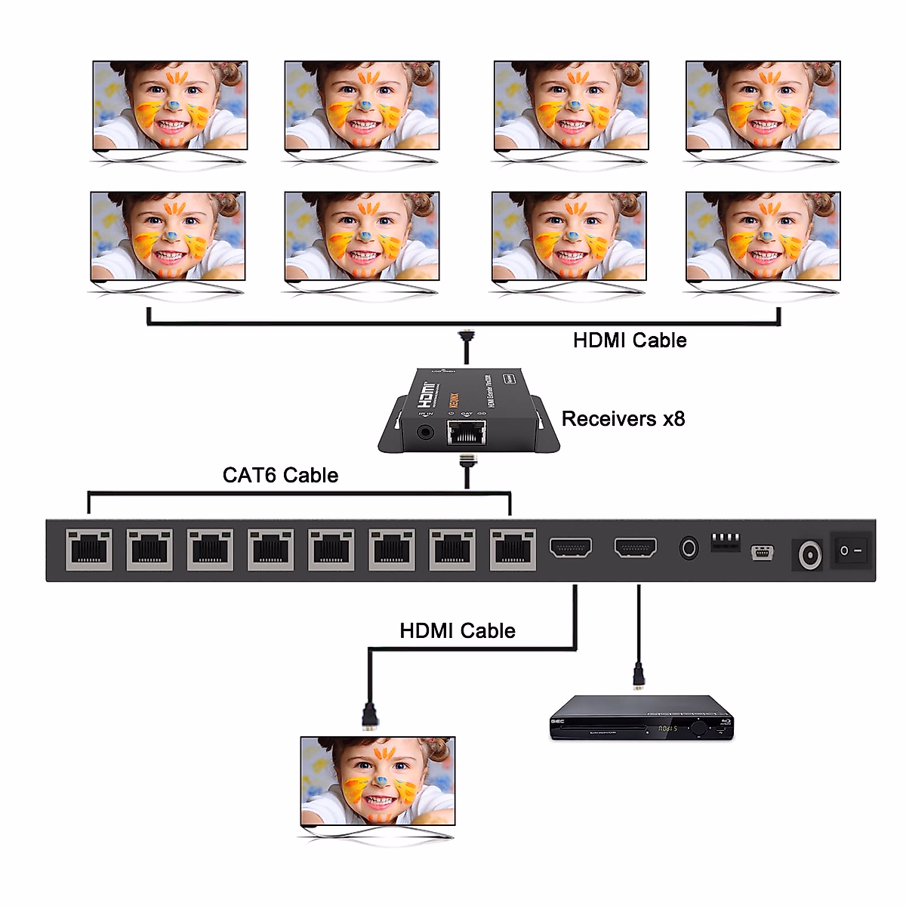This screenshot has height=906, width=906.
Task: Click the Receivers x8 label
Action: click(623, 419)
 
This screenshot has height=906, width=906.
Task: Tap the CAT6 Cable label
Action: click(280, 475)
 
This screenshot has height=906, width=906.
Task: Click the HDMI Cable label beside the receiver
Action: click(630, 341)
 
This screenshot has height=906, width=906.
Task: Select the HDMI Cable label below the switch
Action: click(458, 631)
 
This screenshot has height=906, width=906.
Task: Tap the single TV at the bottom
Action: click(377, 781)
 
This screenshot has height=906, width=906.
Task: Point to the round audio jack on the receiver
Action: click(426, 433)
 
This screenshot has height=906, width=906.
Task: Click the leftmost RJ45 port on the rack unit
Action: click(89, 549)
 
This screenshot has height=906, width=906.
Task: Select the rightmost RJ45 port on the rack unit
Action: click(513, 549)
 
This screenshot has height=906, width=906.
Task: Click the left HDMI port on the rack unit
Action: click(571, 547)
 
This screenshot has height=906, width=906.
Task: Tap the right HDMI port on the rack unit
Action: click(636, 547)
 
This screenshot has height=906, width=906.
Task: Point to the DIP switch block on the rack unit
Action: click(726, 541)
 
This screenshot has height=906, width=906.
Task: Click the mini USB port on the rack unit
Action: click(762, 553)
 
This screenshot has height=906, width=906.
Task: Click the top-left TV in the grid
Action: click(170, 106)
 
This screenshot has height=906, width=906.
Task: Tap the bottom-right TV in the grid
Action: click(763, 236)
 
